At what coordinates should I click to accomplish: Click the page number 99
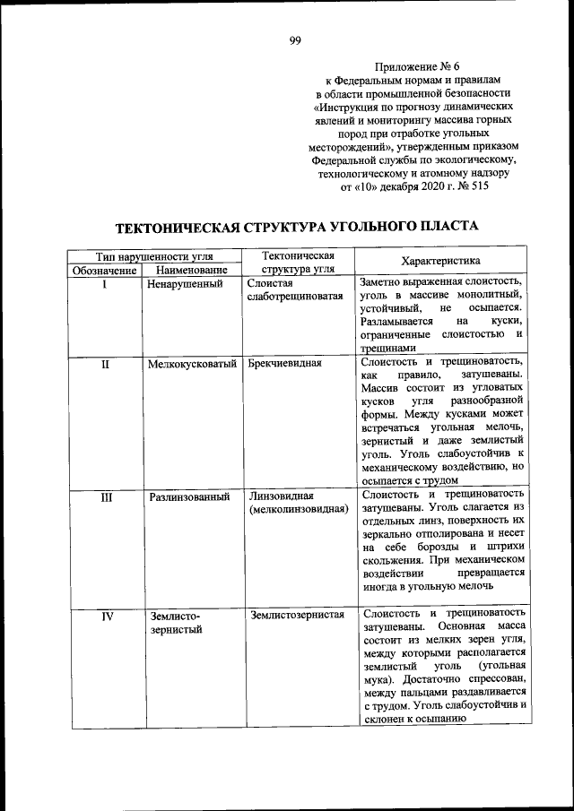pyautogui.click(x=295, y=39)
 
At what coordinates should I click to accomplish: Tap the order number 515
pyautogui.click(x=478, y=187)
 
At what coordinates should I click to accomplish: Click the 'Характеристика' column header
pyautogui.click(x=441, y=262)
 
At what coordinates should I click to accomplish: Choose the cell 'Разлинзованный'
pyautogui.click(x=189, y=496)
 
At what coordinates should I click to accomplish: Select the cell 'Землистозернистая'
pyautogui.click(x=298, y=614)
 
